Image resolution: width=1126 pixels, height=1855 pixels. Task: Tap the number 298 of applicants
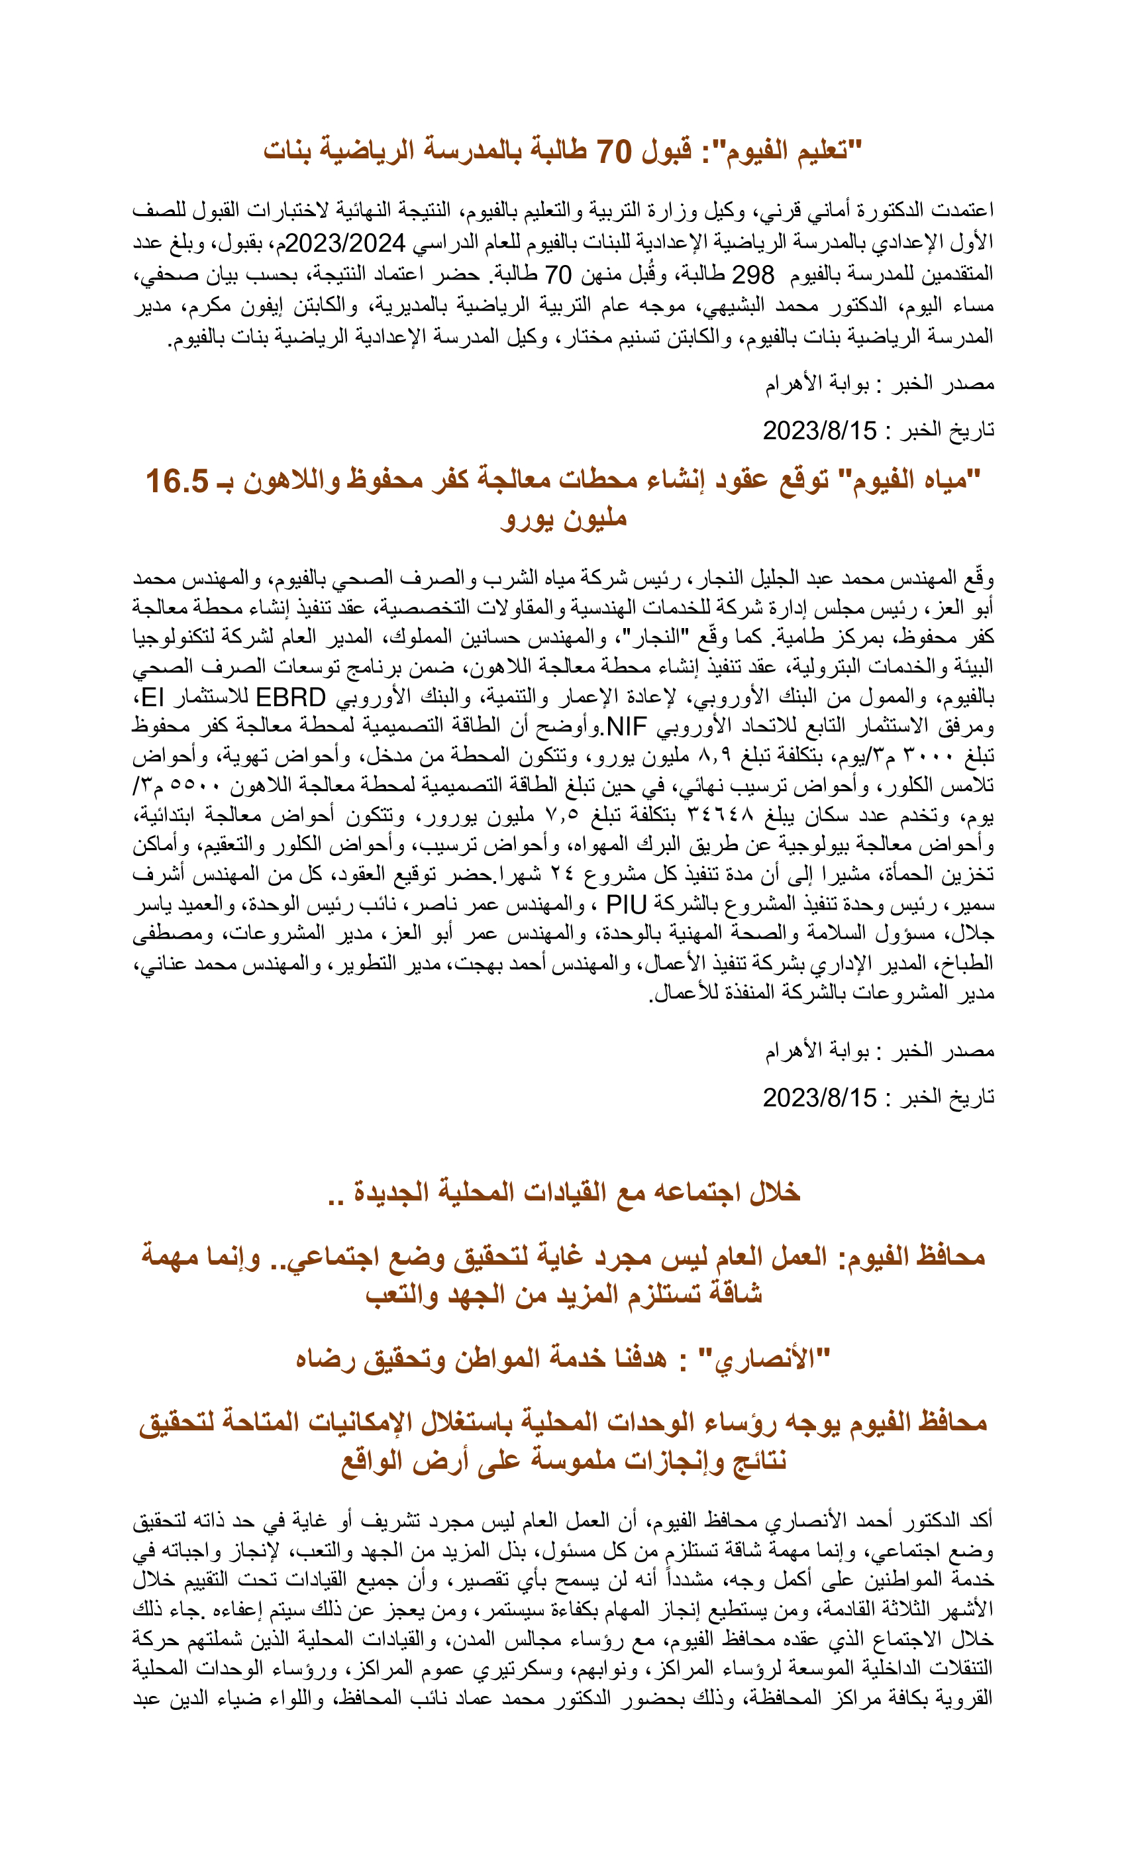point(752,274)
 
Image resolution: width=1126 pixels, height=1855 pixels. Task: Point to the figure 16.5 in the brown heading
point(177,481)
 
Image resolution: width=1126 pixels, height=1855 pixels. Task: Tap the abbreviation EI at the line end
point(153,697)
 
